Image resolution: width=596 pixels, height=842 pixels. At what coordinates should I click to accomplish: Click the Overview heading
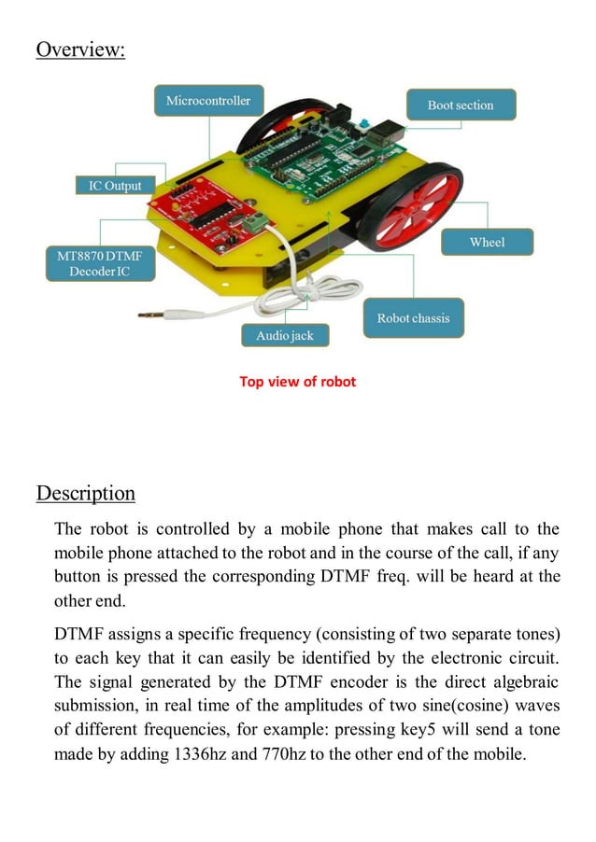(x=80, y=49)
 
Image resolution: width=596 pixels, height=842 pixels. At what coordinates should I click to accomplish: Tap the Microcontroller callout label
(x=208, y=101)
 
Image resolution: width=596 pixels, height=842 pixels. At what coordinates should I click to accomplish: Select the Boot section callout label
(x=461, y=105)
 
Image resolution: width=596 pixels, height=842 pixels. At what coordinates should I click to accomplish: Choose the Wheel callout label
(x=487, y=243)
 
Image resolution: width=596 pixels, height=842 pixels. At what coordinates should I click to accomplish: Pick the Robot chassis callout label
(x=413, y=318)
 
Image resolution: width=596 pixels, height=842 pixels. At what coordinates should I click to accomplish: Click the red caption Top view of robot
(x=297, y=381)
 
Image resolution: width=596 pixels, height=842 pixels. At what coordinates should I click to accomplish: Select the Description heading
(x=86, y=494)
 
